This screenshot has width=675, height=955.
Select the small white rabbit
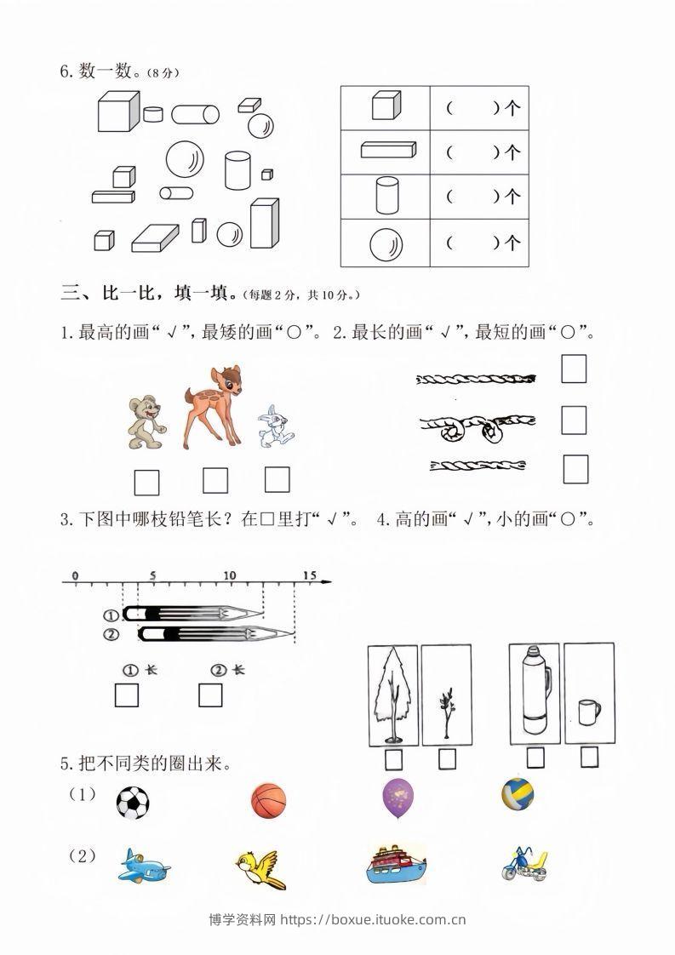274,426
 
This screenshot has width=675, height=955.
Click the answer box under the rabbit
277,479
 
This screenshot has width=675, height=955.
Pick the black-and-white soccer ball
132,802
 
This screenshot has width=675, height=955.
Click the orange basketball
269,801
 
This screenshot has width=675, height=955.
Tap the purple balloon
399,799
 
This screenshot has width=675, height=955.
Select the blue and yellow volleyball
518,795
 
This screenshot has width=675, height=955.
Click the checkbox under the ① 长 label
127,695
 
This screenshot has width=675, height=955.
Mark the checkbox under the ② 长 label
210,695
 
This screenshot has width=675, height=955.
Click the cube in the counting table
385,107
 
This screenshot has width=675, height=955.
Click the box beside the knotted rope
574,420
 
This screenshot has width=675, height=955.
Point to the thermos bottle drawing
534,689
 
